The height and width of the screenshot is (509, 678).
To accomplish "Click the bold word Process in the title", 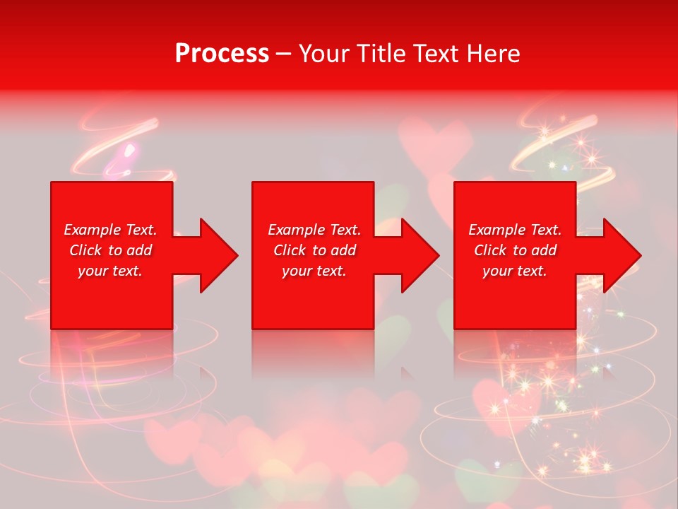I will click(222, 54).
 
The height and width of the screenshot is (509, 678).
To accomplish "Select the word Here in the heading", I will click(492, 54).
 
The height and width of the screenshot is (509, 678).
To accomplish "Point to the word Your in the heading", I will click(323, 54).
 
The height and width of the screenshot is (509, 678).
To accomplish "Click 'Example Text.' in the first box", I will click(110, 230).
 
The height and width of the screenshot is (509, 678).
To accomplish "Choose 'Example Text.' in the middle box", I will click(314, 230).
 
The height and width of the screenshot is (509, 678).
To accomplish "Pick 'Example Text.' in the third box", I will click(515, 230).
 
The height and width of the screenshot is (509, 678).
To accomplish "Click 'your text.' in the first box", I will click(110, 271).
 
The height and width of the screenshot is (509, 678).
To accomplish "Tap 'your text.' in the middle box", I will click(314, 271).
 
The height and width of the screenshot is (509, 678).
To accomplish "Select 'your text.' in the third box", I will click(515, 271).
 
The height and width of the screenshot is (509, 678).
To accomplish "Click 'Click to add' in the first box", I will click(110, 250).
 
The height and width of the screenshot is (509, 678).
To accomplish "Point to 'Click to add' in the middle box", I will click(314, 250).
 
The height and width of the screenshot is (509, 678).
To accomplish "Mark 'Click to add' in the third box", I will click(515, 250).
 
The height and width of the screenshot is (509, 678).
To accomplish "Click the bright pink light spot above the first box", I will click(129, 150).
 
